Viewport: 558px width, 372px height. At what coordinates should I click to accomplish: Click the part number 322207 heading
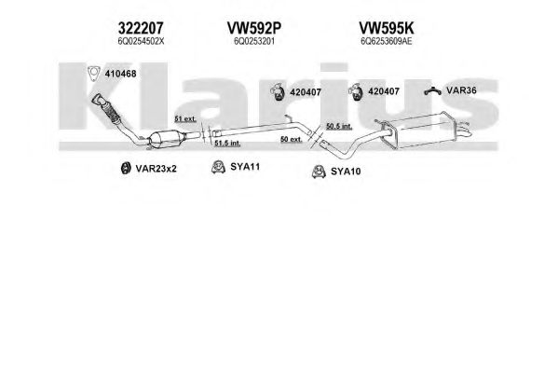tap(141, 28)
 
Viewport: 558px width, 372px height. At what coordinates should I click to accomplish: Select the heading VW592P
tap(254, 28)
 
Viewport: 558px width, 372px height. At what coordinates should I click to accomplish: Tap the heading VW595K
tap(386, 28)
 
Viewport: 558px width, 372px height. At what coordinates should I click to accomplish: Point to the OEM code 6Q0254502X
tap(141, 41)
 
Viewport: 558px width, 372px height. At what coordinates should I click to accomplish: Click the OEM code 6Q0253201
tap(254, 41)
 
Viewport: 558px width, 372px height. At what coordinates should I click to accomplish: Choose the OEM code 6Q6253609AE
tap(386, 41)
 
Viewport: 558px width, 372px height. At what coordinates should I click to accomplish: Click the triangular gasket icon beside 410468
tap(93, 74)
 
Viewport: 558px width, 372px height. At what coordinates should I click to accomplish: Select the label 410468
tap(120, 74)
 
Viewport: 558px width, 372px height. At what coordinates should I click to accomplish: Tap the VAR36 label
tap(461, 90)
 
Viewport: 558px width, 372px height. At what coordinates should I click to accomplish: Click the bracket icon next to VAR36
tap(433, 91)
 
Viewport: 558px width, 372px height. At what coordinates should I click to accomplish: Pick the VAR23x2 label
tap(156, 169)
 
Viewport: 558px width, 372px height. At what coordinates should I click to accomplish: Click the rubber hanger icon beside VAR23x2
tap(125, 168)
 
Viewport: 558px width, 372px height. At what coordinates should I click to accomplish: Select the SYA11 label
tap(245, 166)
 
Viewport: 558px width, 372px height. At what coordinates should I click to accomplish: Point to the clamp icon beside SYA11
tap(218, 167)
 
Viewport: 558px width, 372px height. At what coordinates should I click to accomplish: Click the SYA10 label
tap(346, 172)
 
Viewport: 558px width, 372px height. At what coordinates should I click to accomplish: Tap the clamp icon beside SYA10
tap(319, 172)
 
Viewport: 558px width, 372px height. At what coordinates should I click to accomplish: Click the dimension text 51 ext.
tap(185, 118)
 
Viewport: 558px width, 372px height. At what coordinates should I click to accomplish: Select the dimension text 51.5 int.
tap(227, 143)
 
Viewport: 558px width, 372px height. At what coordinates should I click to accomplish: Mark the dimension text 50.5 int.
tap(339, 126)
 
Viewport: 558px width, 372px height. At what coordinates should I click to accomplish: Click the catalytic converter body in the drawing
tap(165, 139)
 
